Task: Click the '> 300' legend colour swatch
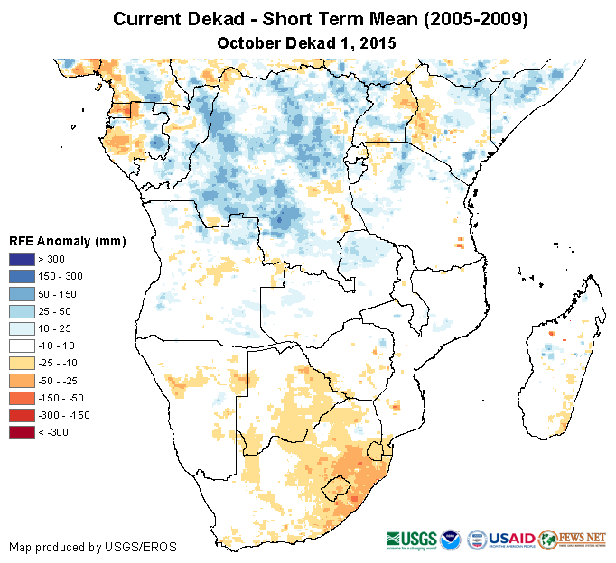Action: [x=23, y=259]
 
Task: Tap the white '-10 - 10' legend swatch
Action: [x=23, y=346]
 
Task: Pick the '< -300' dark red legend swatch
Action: [x=23, y=432]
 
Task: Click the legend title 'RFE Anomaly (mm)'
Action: [x=68, y=241]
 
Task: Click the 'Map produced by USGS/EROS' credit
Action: [x=93, y=547]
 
